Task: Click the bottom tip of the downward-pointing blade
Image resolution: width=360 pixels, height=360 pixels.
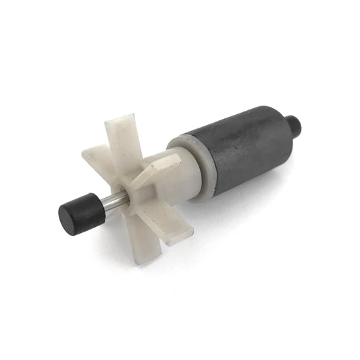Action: (143, 261)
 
